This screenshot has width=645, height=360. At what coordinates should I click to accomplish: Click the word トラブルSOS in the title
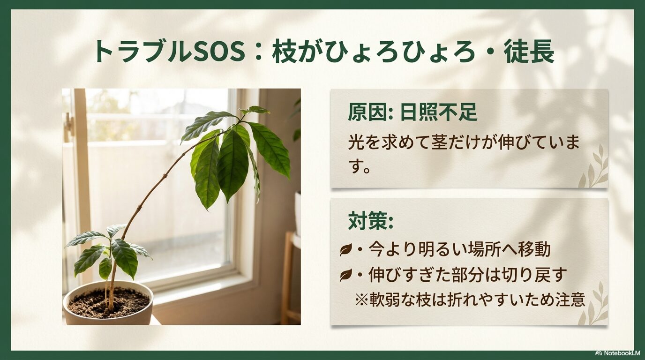[x=169, y=52]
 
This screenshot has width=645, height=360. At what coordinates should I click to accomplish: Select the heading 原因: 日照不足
[x=412, y=112]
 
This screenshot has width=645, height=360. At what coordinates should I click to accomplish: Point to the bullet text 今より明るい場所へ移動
[x=459, y=249]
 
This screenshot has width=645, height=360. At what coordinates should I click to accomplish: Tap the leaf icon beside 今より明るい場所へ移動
[x=345, y=250]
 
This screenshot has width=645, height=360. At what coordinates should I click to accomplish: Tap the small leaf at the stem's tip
[x=256, y=110]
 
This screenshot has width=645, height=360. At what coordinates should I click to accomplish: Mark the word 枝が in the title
[x=291, y=52]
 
